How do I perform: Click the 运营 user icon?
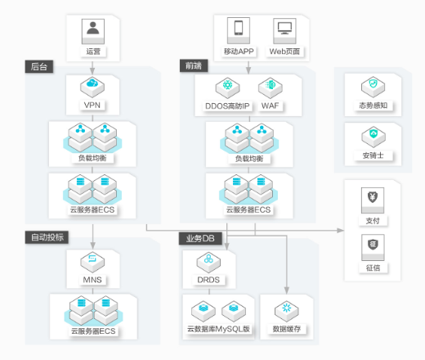click(93, 31)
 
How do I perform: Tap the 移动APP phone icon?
click(239, 30)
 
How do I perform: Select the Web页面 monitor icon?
click(284, 31)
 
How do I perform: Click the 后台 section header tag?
click(39, 66)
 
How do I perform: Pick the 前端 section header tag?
click(194, 65)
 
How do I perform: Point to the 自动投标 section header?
click(47, 237)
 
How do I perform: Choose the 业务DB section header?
click(200, 239)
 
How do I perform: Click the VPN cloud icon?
click(92, 87)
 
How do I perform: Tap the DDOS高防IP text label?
click(227, 106)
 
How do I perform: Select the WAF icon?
click(271, 88)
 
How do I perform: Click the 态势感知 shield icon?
click(373, 87)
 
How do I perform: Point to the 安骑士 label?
click(373, 155)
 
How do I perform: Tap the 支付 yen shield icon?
click(373, 200)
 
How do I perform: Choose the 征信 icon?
click(373, 247)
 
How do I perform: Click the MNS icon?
click(92, 262)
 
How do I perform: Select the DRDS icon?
click(208, 263)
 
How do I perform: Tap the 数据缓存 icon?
click(287, 311)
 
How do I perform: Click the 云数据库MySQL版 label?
click(218, 329)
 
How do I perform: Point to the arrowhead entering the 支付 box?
click(341, 231)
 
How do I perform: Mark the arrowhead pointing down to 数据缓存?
click(287, 290)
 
